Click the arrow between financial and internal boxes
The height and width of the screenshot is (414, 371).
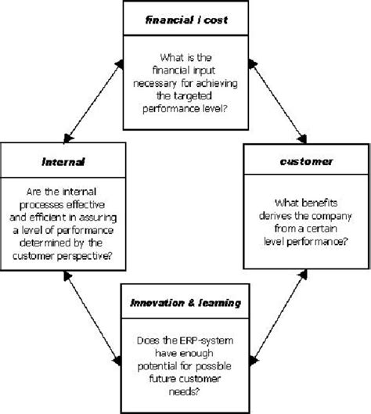(92, 97)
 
